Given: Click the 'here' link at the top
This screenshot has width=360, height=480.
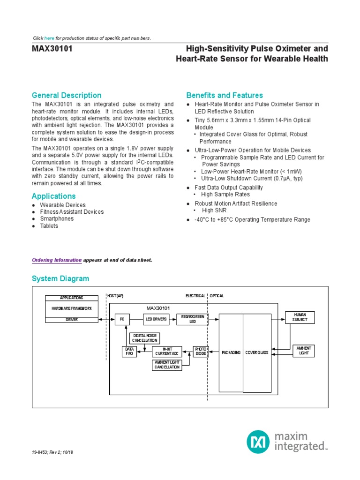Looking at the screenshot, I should [x=49, y=38].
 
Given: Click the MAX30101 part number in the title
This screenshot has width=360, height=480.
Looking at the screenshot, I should [x=52, y=49].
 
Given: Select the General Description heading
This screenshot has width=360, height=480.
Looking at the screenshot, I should [x=67, y=95].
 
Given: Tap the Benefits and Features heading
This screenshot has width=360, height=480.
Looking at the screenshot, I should [x=225, y=95].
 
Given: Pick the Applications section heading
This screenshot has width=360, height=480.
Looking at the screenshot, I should [x=53, y=196].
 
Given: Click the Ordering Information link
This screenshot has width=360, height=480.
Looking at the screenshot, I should [x=57, y=260].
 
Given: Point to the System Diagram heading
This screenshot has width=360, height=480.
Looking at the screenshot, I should [x=60, y=279].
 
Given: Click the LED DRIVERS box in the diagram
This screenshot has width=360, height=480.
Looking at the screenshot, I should [x=156, y=319].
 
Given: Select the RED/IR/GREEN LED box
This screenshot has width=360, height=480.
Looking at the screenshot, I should [x=193, y=319].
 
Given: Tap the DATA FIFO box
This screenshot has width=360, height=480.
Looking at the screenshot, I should [x=129, y=352].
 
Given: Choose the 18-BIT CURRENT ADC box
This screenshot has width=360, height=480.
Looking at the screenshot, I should [x=167, y=352].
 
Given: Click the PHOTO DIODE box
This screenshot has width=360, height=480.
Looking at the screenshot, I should [x=201, y=352].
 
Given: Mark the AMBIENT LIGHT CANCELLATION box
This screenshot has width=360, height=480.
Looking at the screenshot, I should [x=167, y=365].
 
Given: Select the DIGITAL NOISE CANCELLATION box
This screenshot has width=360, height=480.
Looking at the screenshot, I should [x=145, y=338].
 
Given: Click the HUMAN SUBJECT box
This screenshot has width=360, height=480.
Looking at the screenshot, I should [x=299, y=317].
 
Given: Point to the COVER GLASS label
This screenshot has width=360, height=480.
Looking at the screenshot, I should [x=257, y=352].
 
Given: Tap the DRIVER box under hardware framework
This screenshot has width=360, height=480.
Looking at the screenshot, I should [x=71, y=319].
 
